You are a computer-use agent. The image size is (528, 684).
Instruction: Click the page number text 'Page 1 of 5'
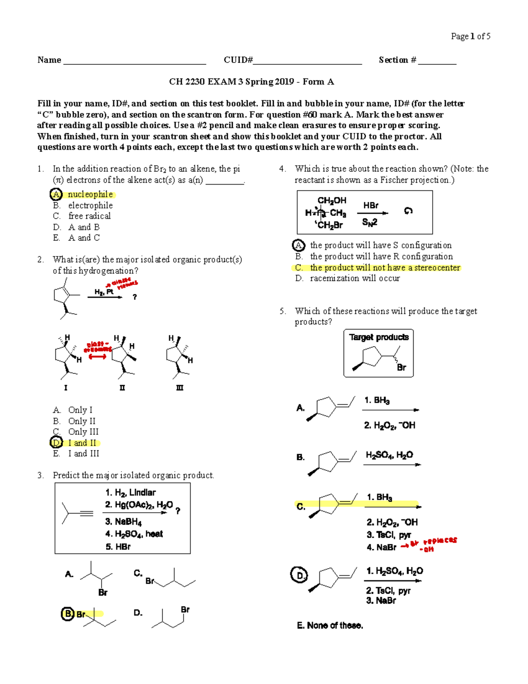(470, 37)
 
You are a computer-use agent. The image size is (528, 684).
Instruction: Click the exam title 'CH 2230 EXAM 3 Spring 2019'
(231, 82)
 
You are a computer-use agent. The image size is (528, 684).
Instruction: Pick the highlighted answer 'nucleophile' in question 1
(90, 194)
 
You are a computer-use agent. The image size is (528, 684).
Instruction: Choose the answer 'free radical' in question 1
(89, 216)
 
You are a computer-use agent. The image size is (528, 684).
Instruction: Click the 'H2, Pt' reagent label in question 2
(104, 292)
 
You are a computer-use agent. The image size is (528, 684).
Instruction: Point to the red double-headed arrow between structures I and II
(97, 357)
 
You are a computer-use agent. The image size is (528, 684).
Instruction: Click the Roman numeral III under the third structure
(180, 388)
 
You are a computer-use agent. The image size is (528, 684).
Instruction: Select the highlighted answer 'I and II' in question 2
(82, 443)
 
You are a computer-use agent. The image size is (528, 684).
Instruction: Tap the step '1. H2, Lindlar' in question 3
(130, 492)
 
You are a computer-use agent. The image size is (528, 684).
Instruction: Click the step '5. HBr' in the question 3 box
(118, 547)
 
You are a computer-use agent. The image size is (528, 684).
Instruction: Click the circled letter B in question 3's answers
(67, 614)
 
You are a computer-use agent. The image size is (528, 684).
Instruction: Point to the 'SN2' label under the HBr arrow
(370, 223)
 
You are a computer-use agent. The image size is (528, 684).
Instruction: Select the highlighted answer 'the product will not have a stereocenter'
(385, 267)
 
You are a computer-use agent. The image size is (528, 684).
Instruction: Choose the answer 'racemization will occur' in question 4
(355, 278)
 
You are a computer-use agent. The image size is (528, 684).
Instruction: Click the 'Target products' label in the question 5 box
(379, 337)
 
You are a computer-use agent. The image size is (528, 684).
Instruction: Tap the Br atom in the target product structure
(401, 367)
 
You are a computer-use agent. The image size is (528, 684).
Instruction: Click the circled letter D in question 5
(299, 575)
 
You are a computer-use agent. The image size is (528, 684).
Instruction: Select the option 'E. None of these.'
(330, 625)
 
